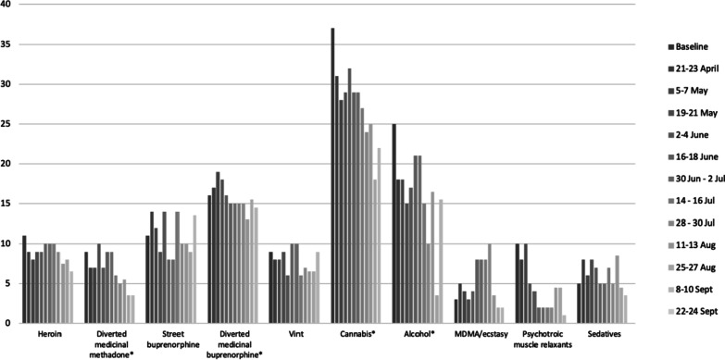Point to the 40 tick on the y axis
coord(7,5)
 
